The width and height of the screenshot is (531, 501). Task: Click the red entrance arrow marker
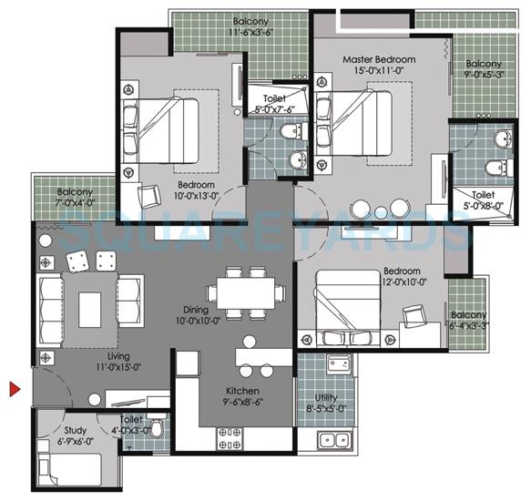(15, 390)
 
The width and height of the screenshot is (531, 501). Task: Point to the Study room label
(75, 430)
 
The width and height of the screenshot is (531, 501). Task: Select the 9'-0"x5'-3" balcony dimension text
(482, 77)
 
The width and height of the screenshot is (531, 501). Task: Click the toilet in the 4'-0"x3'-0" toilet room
(157, 428)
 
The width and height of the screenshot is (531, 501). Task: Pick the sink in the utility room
(333, 442)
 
